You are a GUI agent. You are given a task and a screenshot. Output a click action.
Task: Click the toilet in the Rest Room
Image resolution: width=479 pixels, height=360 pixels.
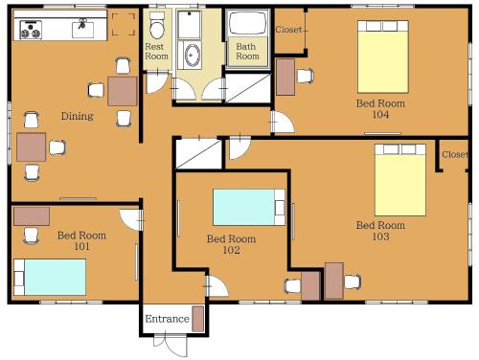point(157,26)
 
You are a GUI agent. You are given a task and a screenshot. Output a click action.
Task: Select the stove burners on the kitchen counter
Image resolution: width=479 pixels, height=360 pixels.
point(31,30)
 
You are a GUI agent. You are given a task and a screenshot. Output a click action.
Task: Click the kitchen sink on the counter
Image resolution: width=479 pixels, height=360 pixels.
point(82,29)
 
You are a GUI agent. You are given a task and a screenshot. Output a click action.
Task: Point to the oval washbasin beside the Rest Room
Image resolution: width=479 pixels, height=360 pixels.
point(193,56)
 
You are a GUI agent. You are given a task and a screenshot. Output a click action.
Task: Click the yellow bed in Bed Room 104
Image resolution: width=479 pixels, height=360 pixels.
point(383,56)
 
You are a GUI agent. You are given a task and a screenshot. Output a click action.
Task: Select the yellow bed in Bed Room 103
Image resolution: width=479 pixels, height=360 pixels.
point(400,180)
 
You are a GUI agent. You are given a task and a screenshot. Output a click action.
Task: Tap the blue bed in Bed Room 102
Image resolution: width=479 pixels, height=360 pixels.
point(249,208)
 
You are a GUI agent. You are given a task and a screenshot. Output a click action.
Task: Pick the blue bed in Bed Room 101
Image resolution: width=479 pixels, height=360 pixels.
point(50,277)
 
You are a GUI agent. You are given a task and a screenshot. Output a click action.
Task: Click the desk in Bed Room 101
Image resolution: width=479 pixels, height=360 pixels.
point(32,216)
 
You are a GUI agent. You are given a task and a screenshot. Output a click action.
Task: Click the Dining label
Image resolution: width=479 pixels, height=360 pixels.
point(78,116)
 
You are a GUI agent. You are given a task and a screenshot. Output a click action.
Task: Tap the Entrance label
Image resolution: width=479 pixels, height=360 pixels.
point(167,319)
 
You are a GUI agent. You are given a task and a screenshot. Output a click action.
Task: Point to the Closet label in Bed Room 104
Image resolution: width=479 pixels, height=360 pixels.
point(288,30)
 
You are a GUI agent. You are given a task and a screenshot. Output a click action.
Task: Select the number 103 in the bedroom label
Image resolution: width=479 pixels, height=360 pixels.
point(380,236)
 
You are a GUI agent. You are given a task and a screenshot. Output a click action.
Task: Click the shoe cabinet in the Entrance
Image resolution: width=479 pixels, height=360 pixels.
point(198,319)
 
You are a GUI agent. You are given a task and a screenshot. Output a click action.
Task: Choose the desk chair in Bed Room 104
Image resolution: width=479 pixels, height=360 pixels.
point(305,76)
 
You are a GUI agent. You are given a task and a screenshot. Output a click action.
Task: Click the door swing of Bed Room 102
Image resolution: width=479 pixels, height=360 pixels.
point(218,286)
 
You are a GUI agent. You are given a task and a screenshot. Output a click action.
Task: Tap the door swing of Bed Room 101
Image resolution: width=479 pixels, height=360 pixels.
point(130,219)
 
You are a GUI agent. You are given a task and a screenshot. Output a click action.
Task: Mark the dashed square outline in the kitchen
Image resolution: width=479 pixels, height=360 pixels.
point(124,24)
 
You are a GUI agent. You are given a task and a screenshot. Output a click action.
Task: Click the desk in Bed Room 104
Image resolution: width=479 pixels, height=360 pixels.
point(285,77)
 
